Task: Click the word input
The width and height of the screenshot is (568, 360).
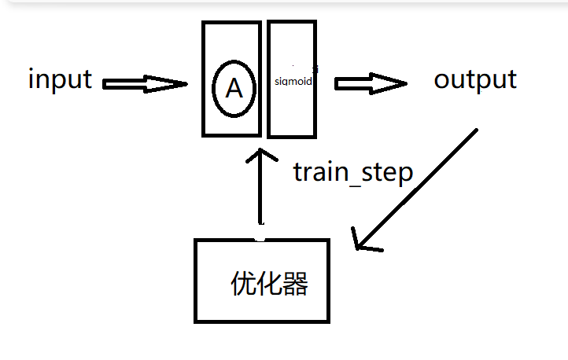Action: point(61,79)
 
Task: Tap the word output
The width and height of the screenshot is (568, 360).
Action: point(475,79)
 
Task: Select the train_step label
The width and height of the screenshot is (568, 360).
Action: point(352,171)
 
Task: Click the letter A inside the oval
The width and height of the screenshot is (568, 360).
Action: point(234,89)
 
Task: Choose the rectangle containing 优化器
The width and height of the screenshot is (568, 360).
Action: point(262,280)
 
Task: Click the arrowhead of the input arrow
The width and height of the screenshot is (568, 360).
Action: point(173,83)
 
